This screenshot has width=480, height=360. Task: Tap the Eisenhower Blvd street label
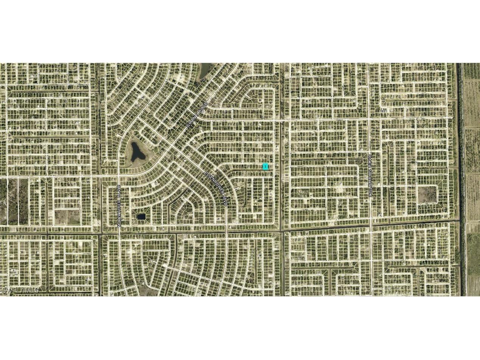(x=216, y=188)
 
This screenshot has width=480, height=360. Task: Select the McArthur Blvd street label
(x=119, y=205)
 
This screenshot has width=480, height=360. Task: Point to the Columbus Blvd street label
(x=370, y=174)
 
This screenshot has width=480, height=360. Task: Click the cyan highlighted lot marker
(x=266, y=166)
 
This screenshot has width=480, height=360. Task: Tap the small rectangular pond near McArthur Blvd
(x=141, y=217)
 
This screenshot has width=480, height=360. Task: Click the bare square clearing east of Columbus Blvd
(x=427, y=194)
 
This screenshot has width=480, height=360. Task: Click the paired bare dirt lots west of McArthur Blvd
(x=67, y=217)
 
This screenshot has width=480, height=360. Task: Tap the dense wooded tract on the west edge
(x=13, y=201)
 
